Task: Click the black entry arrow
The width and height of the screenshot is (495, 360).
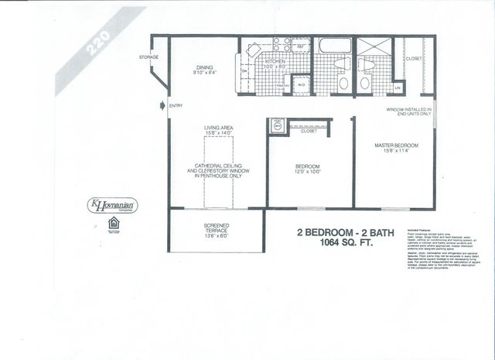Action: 162,106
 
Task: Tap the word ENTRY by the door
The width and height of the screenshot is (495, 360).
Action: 176,106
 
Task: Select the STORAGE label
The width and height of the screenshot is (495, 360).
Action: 149,57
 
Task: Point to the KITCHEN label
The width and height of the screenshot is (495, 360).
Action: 277,61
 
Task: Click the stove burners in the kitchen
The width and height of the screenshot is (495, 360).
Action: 282,45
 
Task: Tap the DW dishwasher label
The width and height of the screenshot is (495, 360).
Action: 244,72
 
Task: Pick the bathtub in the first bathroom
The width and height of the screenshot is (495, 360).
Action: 335,45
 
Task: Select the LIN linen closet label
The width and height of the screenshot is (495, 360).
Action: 397,88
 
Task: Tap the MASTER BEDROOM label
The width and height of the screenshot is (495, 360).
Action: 396,148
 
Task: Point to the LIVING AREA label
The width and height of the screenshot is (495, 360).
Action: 219,130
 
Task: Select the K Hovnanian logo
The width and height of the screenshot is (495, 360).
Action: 113,206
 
